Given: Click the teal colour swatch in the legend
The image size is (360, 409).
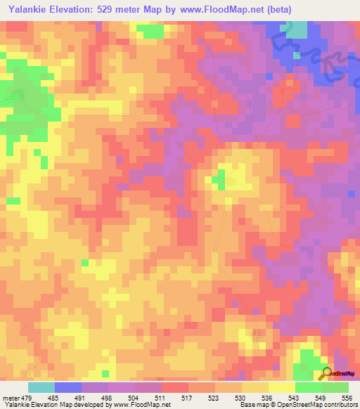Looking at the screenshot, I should coord(41,387).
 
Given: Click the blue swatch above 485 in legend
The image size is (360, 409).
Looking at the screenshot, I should coord(67,387).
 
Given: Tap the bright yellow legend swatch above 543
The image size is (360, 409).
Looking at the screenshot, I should coord(281,387).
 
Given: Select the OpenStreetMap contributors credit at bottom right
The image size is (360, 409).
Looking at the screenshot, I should coord(309,405).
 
